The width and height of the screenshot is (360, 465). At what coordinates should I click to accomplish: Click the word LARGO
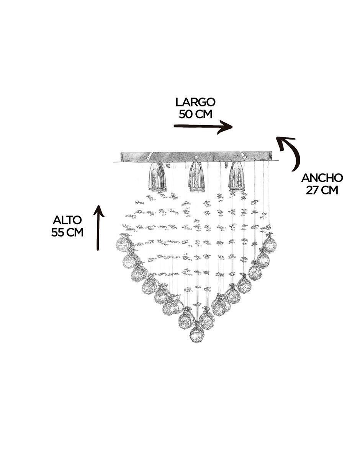coord(195,102)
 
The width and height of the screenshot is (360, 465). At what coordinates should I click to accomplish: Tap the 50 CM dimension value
coord(195,114)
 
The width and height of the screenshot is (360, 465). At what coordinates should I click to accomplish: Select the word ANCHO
coord(322,178)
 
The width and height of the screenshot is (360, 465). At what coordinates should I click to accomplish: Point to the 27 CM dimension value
coord(322,190)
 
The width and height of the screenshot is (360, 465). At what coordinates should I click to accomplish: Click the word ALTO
coord(67,220)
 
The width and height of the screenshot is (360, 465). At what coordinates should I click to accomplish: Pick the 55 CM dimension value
coord(67,232)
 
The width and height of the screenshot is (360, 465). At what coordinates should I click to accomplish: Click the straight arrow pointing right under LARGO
coord(203,127)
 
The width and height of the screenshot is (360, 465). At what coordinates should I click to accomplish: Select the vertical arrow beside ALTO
coord(98,227)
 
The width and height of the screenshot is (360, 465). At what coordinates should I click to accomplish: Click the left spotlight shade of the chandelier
coord(157,177)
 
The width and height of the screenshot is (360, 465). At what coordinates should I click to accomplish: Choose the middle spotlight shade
coord(197,177)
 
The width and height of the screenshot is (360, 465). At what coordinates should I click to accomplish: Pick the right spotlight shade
coord(237,176)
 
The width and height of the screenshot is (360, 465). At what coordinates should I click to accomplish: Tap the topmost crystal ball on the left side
coord(123,243)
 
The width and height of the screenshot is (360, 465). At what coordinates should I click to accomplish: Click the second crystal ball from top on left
coord(129,261)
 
